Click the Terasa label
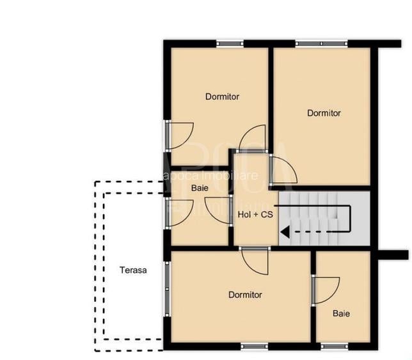(x=133, y=270)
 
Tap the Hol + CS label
(x=255, y=215)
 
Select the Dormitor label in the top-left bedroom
(x=222, y=97)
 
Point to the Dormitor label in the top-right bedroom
(x=324, y=113)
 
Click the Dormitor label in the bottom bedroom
(x=245, y=295)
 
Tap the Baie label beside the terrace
(x=200, y=188)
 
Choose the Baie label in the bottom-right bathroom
(x=341, y=313)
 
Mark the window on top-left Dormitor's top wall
(x=230, y=43)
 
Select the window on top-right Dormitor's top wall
(x=321, y=43)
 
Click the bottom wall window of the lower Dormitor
(x=254, y=346)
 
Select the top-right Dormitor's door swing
(x=283, y=170)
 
